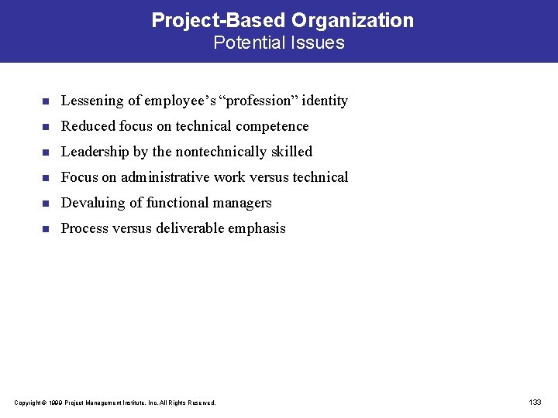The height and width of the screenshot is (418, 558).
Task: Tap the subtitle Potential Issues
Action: [x=279, y=43]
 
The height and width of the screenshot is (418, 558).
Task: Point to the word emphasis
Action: [x=259, y=228]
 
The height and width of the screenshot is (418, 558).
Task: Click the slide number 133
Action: [x=535, y=402]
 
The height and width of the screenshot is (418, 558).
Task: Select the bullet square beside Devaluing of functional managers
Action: [x=46, y=204]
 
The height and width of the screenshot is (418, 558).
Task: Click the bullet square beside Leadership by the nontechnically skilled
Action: [x=46, y=152]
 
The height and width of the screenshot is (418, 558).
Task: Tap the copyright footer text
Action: [x=115, y=403]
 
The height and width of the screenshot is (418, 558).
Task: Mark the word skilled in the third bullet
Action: [x=290, y=152]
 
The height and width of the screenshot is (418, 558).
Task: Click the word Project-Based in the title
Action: [x=219, y=20]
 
